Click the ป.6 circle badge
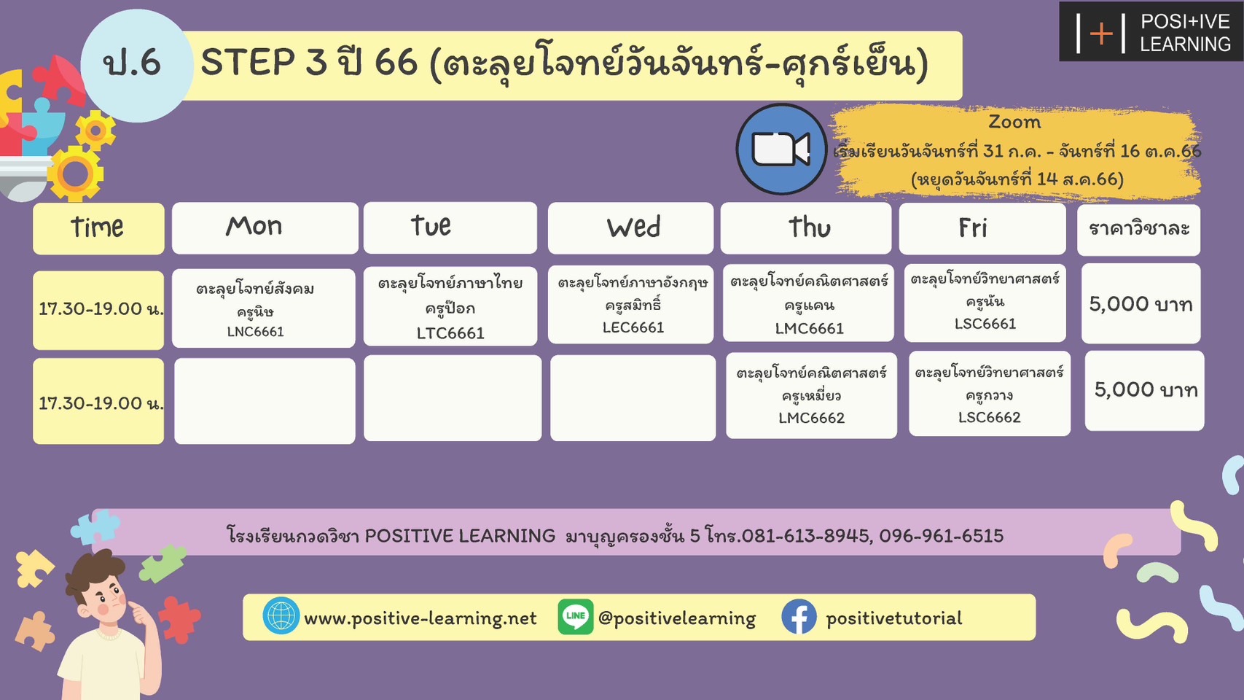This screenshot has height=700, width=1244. [136, 65]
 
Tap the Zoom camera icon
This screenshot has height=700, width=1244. [781, 149]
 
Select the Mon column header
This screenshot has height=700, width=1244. [265, 227]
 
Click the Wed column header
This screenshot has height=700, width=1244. [630, 227]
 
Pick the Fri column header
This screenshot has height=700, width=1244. [982, 228]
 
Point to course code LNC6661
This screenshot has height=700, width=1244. [256, 332]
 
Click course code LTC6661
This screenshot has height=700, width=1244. [450, 333]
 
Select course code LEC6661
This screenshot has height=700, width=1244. [633, 327]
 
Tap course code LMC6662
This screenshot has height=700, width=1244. [811, 418]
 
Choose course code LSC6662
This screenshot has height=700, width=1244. [989, 417]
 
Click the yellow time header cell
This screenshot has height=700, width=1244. [98, 228]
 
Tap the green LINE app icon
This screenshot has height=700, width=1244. [575, 617]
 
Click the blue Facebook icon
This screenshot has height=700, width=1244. [799, 617]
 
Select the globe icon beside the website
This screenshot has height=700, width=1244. [281, 616]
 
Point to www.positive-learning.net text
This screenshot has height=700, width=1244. [420, 618]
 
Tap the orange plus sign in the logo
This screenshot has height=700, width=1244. [1101, 34]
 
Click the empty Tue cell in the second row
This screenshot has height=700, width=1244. [453, 398]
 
